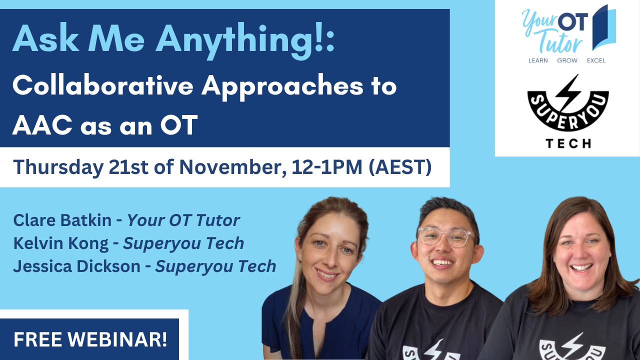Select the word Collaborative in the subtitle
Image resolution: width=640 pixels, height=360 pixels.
click(102, 86)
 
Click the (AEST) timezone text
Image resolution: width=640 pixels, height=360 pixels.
click(400, 167)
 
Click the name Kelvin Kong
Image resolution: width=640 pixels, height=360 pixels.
click(60, 243)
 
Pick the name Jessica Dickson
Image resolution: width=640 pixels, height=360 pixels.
click(76, 266)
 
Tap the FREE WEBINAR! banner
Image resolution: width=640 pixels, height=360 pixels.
click(90, 339)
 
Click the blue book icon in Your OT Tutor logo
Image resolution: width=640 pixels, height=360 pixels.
click(603, 28)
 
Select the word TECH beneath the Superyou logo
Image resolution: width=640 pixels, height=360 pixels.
click(568, 143)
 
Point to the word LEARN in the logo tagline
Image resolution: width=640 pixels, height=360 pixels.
click(538, 60)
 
